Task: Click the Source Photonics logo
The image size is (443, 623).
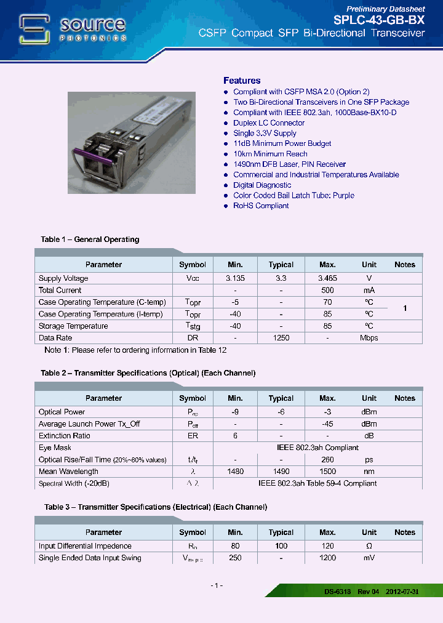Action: click(x=73, y=29)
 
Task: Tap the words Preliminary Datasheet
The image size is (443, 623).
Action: click(x=385, y=9)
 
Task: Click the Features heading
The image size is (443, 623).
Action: click(x=242, y=81)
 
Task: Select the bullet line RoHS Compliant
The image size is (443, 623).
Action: click(x=260, y=206)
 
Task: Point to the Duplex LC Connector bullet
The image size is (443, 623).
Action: click(x=269, y=123)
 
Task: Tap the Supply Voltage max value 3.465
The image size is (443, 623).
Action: click(x=327, y=278)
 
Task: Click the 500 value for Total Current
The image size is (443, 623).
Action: click(x=327, y=290)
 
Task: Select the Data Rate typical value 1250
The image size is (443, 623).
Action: click(x=281, y=338)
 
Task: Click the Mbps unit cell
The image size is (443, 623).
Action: click(x=369, y=338)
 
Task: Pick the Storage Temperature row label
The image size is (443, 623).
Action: click(x=73, y=326)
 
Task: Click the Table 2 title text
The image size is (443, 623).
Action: click(x=148, y=373)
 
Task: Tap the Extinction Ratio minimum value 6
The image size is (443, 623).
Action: click(x=235, y=436)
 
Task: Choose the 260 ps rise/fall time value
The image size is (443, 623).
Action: click(x=327, y=460)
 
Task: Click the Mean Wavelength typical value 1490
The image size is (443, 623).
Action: click(x=281, y=472)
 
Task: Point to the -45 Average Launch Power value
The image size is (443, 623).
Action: click(x=327, y=424)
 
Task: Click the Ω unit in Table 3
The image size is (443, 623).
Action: click(x=369, y=546)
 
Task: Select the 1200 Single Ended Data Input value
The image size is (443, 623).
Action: click(x=327, y=558)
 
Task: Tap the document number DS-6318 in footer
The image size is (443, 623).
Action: click(x=338, y=592)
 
